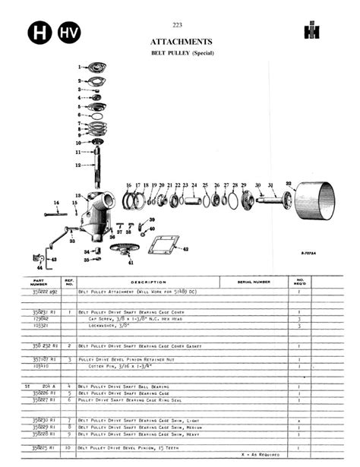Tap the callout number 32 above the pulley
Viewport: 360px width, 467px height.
point(289,183)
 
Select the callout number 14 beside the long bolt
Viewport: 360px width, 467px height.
point(55,203)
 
